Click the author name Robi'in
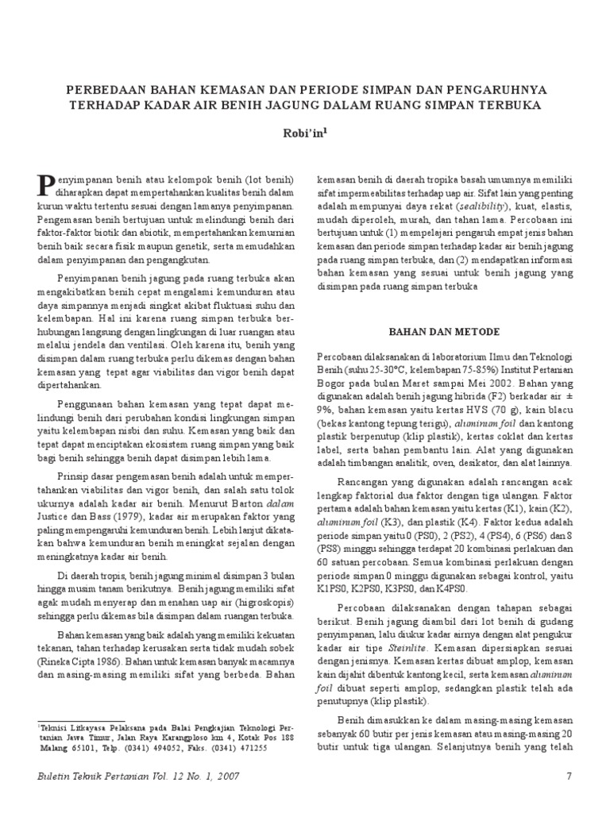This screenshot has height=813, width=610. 305,134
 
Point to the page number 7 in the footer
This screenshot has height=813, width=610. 569,776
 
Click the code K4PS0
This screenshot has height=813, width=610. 449,589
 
